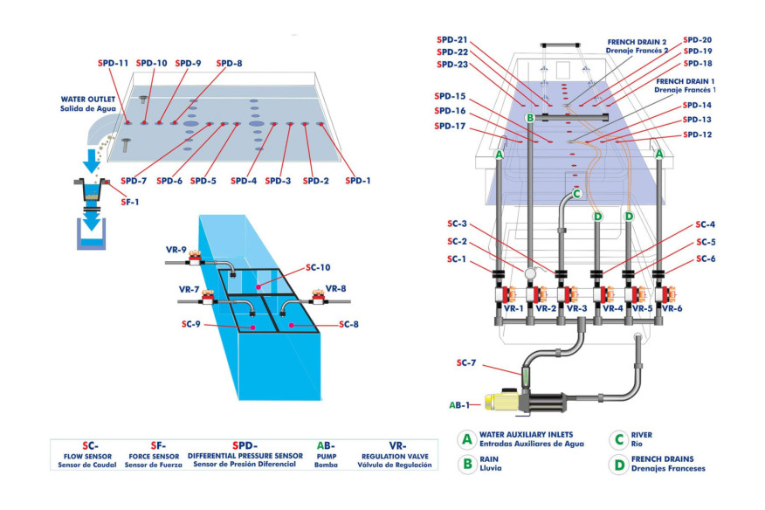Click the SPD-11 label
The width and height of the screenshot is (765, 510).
(x=113, y=64)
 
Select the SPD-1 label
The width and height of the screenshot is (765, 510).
(x=358, y=181)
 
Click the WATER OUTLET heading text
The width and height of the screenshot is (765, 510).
(x=87, y=99)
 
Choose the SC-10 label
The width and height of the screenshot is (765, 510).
(x=319, y=267)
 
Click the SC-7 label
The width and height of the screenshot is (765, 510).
(x=467, y=363)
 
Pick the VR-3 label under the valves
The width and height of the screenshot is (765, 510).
(x=576, y=308)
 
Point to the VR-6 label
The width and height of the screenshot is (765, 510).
(x=672, y=308)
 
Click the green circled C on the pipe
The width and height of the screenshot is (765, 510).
(x=576, y=194)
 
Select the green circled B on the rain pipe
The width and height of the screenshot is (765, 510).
(x=529, y=117)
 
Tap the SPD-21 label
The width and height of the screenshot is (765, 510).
(x=451, y=40)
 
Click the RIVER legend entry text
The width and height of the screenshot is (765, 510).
(x=641, y=435)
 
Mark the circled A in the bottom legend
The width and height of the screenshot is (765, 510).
(x=467, y=438)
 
